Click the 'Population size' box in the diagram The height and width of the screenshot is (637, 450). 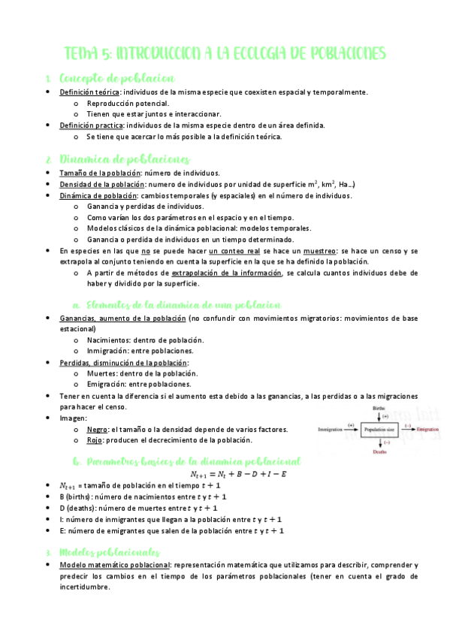[x=379, y=430]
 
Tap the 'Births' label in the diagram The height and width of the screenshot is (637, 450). [x=379, y=407]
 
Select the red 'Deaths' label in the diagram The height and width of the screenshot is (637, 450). [x=379, y=454]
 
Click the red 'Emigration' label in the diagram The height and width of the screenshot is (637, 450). [x=427, y=430]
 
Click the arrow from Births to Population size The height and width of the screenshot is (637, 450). [x=379, y=417]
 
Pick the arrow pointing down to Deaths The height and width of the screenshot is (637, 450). [x=379, y=443]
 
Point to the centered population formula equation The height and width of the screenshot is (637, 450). [x=243, y=475]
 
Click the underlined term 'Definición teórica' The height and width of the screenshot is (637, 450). [x=91, y=92]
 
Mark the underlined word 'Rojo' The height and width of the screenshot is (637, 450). [x=95, y=440]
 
